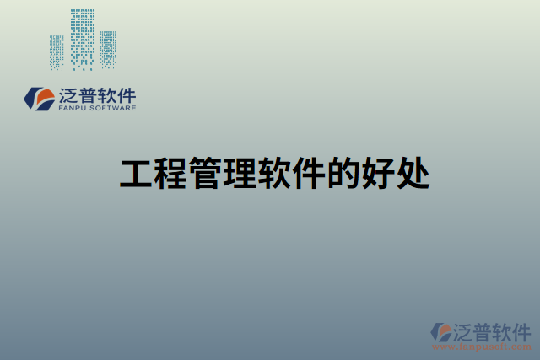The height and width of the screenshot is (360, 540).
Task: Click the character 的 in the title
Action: [342, 175]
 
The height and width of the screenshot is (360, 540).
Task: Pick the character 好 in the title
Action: [376, 175]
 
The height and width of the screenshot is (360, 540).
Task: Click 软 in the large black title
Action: [273, 175]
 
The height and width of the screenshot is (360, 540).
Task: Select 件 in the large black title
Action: [307, 175]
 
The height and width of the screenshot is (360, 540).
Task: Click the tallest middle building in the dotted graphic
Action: [82, 38]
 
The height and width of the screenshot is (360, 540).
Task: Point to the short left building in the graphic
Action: [57, 51]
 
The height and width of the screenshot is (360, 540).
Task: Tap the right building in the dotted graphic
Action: [108, 49]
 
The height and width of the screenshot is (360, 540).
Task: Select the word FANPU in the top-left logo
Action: [73, 108]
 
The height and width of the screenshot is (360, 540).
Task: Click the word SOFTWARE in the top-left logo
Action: [112, 108]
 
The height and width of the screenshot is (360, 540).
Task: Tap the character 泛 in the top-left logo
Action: [68, 94]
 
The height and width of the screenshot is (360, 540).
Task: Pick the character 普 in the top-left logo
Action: [88, 94]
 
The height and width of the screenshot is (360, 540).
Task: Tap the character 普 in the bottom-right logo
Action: [483, 330]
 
